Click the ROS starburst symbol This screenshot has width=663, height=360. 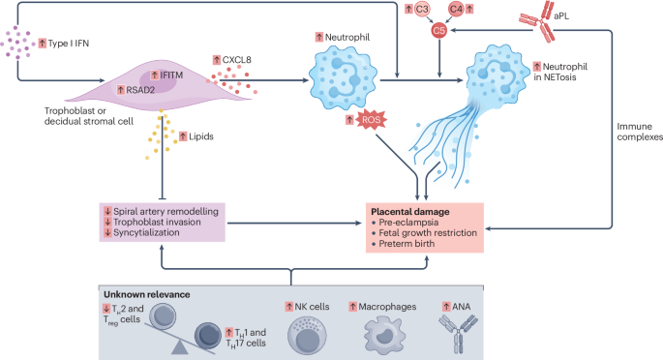coord(371,120)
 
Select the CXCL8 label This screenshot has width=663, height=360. coord(233,59)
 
